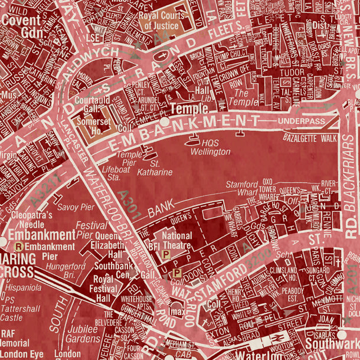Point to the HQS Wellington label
(x=211, y=148)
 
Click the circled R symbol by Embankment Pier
(x=19, y=247)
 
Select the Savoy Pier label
(x=75, y=207)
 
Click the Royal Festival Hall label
(x=103, y=289)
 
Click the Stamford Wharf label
(x=242, y=189)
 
